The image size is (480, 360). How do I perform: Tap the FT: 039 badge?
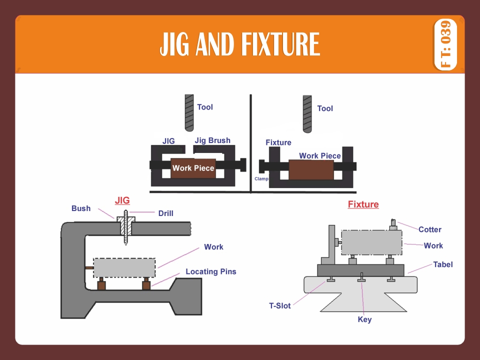[x=445, y=44]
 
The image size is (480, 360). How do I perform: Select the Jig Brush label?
[x=212, y=140]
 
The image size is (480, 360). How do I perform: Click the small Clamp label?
[x=261, y=178]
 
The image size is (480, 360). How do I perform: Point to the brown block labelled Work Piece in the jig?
[x=193, y=168]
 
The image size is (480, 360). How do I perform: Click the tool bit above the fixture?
[x=307, y=113]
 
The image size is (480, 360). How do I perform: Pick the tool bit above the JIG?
[x=189, y=112]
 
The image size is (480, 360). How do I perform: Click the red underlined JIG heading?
[x=122, y=200]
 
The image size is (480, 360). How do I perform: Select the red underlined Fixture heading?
[x=363, y=204]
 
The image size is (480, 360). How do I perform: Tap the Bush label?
[x=81, y=208]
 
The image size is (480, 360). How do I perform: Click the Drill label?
[x=165, y=213]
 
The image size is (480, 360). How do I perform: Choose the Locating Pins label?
[x=210, y=272]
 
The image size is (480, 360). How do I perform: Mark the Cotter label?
[x=429, y=229]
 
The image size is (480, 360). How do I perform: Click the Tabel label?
[x=442, y=264]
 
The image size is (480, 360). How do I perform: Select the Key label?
[x=364, y=319]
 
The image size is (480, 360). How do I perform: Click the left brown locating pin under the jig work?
[x=101, y=285]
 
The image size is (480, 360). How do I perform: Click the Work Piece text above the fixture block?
[x=319, y=156]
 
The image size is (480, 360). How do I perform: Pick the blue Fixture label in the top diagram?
[x=278, y=143]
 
